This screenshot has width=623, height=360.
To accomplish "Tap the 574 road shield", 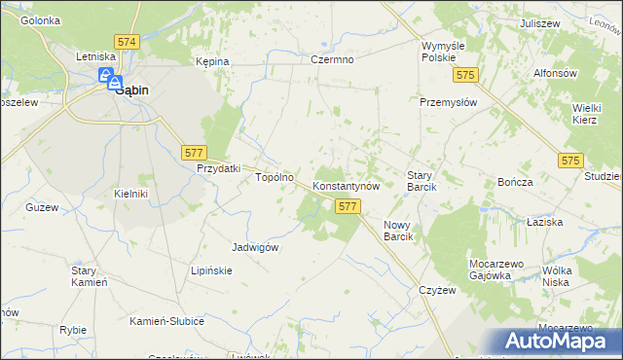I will [127, 43].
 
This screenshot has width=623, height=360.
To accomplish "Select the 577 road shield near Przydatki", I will [194, 152].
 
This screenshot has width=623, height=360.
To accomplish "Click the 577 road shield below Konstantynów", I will [348, 206].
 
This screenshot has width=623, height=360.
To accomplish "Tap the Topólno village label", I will [274, 178].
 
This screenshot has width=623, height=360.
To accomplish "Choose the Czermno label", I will [332, 60].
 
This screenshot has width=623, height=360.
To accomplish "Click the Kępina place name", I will [211, 61].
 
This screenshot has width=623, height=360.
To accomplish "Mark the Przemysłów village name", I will [447, 100].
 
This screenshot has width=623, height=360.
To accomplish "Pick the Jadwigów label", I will [255, 247].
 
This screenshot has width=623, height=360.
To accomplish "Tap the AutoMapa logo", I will [559, 341].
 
